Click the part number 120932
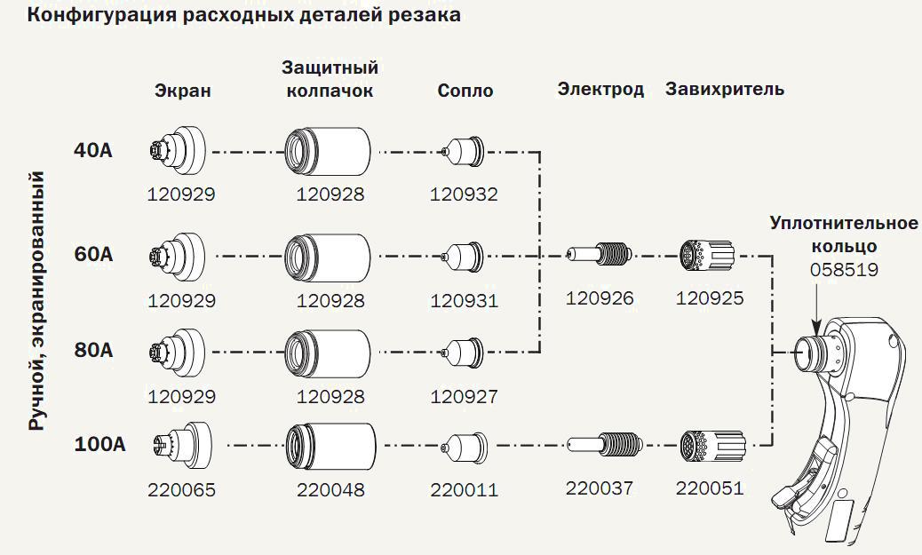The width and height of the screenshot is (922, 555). tap(464, 194)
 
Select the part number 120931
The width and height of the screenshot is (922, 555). tap(464, 301)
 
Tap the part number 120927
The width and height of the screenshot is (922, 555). tap(464, 396)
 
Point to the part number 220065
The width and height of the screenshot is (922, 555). tap(181, 489)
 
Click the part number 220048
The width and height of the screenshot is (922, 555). tap(330, 489)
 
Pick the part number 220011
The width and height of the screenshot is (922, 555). tap(464, 489)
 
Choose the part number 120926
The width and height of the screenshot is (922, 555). tap(600, 298)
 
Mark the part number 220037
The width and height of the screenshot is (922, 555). tap(600, 488)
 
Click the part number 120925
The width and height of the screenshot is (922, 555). tap(710, 298)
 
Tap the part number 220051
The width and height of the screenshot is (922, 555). tap(710, 488)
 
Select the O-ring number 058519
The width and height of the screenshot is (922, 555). tap(844, 268)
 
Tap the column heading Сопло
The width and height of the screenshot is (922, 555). tap(465, 91)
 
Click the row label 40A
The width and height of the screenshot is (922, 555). tap(92, 150)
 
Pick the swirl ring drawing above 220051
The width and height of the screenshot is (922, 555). tap(708, 443)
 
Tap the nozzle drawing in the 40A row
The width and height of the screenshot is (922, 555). tap(463, 152)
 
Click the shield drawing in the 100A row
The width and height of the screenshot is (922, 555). tap(181, 442)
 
